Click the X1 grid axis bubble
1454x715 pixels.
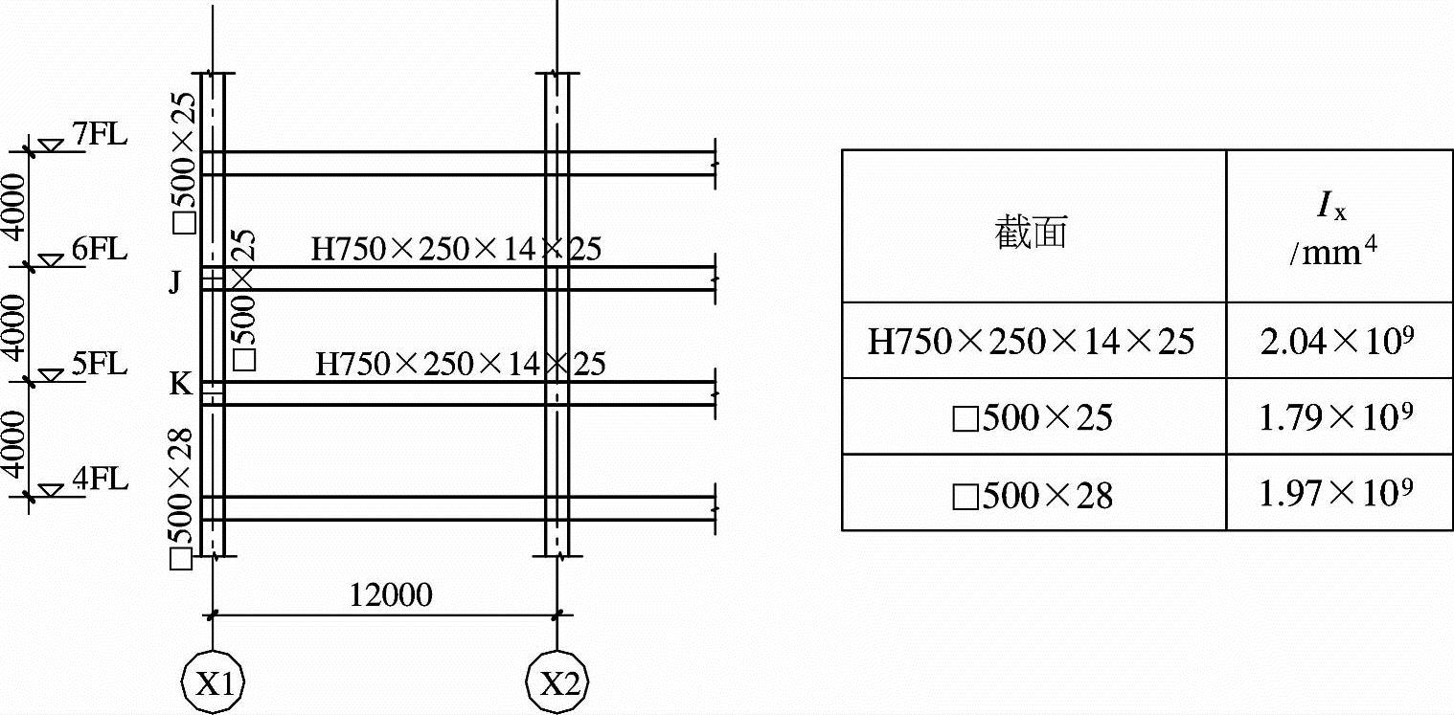pos(213,683)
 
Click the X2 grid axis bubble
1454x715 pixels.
pos(558,683)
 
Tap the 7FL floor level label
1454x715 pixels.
pos(100,135)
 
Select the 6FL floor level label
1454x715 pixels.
pos(100,250)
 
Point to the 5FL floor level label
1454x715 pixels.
pos(100,365)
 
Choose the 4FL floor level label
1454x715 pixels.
pos(100,479)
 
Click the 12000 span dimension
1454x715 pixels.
pos(390,595)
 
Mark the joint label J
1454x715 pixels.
pos(174,282)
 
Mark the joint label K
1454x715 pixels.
pos(180,385)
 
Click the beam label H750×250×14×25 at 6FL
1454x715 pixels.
pos(456,250)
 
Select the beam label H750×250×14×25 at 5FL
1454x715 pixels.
pos(460,365)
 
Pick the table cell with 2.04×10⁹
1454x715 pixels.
pos(1339,341)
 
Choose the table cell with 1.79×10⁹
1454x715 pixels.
pos(1339,416)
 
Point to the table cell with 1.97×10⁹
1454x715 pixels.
pos(1339,492)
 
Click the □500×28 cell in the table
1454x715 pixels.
pos(1034,494)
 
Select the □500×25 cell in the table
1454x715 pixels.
pos(1034,417)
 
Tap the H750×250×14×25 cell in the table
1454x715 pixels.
pos(1032,341)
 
